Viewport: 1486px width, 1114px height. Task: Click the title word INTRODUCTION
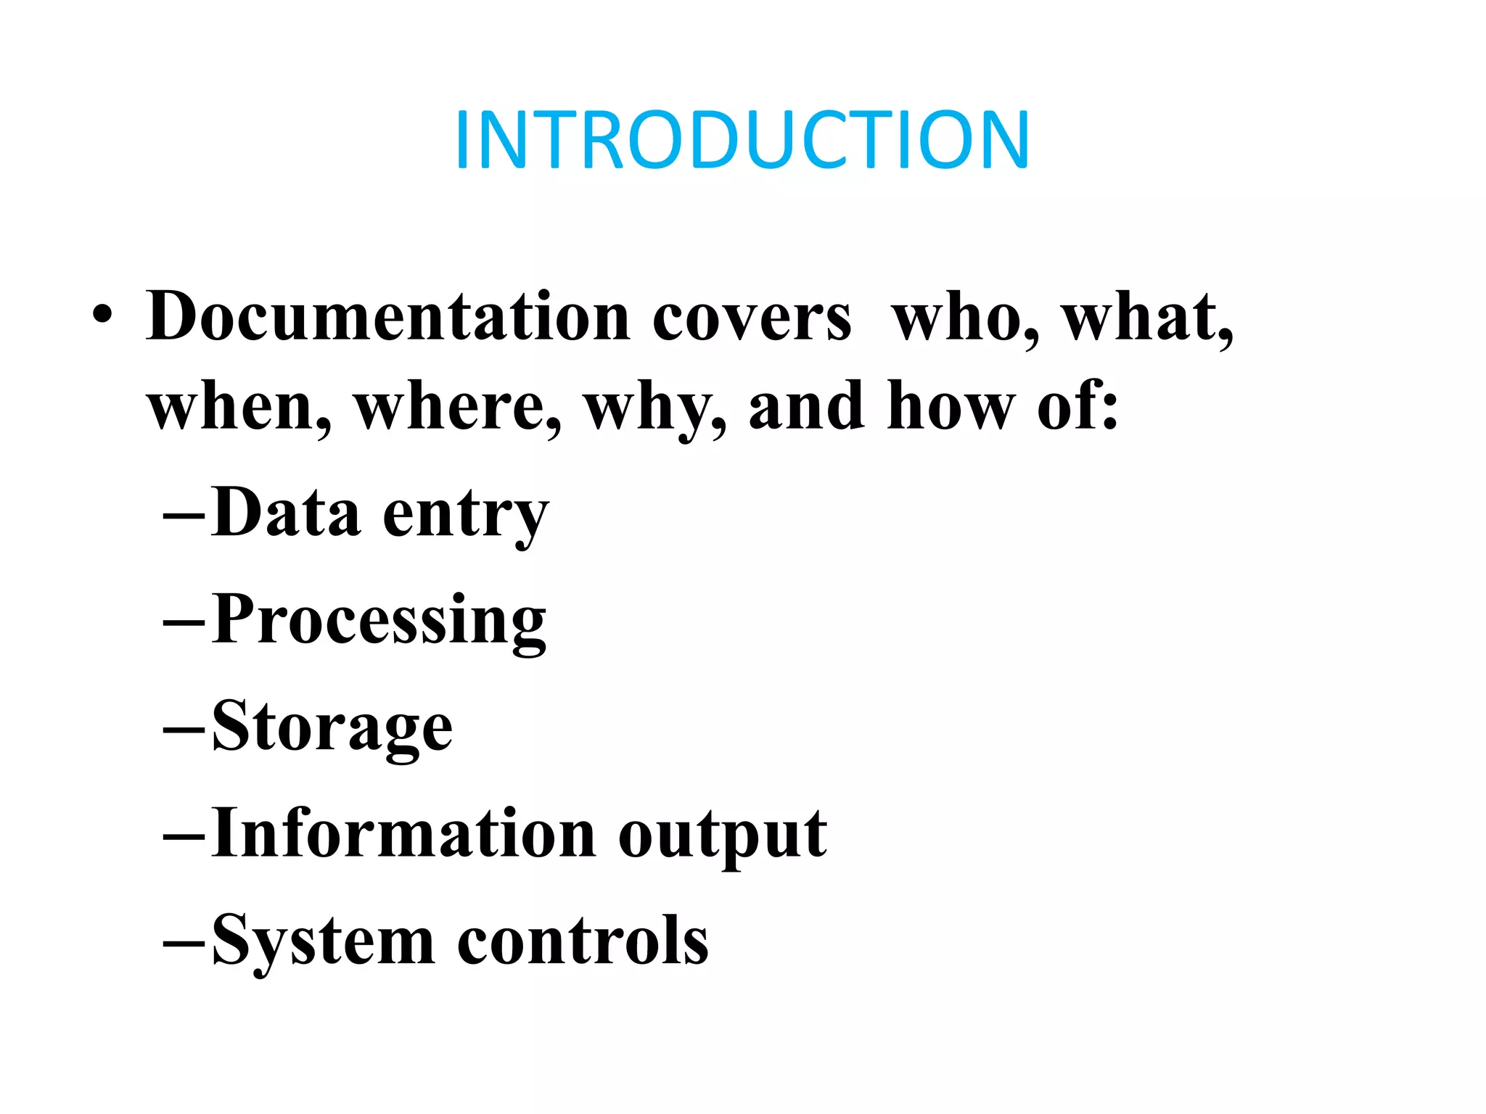[x=742, y=140]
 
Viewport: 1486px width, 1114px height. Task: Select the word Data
[x=287, y=513]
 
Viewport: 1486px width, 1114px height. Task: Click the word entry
[x=465, y=516]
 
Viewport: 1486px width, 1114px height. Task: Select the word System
[x=323, y=941]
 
